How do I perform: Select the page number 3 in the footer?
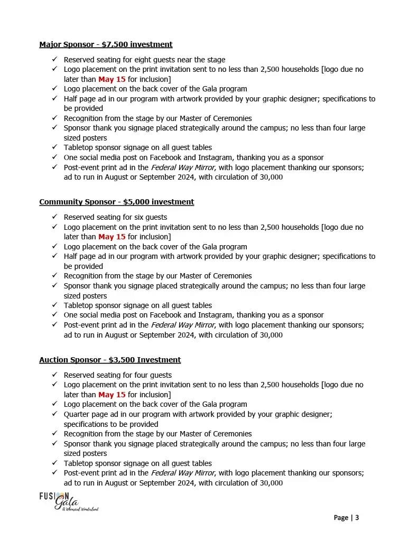(x=357, y=518)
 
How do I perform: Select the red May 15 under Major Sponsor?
(x=112, y=79)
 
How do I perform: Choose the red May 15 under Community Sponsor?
(x=112, y=237)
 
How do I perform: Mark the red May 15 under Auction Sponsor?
(x=112, y=395)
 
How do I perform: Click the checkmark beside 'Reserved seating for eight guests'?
(x=54, y=60)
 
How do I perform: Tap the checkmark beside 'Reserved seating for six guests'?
(x=54, y=217)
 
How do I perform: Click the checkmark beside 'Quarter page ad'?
(x=54, y=414)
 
